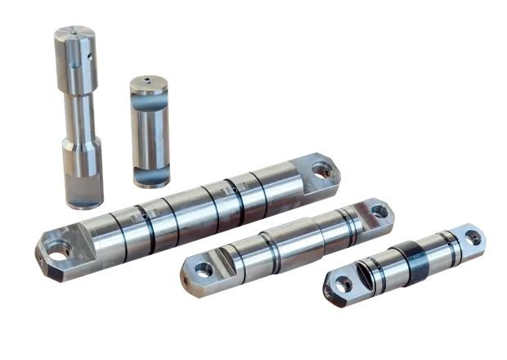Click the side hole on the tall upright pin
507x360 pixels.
pos(91,56)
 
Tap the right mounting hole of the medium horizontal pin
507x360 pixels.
pos(379,211)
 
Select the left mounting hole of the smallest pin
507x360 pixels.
pos(345,284)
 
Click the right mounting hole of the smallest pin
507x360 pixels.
pos(473,238)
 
